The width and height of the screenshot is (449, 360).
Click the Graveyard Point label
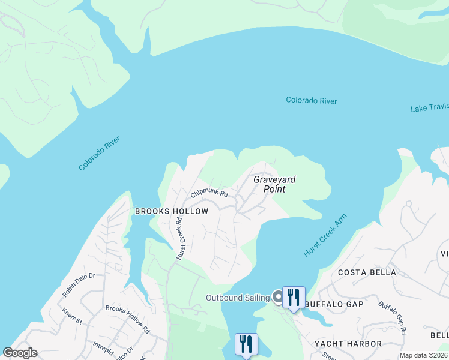point(274,184)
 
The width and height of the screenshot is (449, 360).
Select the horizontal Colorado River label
point(311,101)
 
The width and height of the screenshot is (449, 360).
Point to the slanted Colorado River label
point(100,154)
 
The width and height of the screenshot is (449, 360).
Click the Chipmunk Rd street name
point(209,194)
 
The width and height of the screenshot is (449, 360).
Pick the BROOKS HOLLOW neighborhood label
point(172,211)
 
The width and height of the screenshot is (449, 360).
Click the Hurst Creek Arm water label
point(325,236)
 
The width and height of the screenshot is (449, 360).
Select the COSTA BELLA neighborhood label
point(367,272)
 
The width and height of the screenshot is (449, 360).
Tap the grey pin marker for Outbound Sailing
point(277,296)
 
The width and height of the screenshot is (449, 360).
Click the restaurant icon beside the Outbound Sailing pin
point(294,297)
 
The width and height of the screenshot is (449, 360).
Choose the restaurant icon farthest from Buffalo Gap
point(246,344)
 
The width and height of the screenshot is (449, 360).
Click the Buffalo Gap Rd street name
point(393,317)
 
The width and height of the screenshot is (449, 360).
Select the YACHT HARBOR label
point(348,344)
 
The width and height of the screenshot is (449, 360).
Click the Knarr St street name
point(71,316)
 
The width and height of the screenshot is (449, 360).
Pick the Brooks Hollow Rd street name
point(127,319)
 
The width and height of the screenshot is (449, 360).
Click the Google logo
point(20,353)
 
